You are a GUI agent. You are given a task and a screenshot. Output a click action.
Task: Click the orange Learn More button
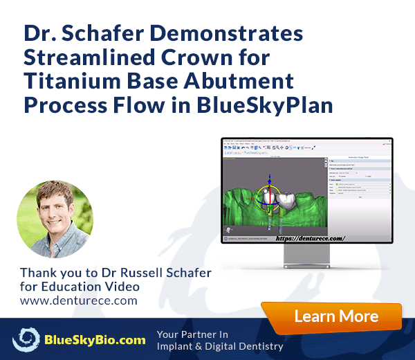[336, 317]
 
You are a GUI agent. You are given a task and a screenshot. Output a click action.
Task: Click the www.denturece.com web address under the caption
[79, 300]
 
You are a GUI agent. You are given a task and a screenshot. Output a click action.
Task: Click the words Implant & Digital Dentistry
[220, 346]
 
